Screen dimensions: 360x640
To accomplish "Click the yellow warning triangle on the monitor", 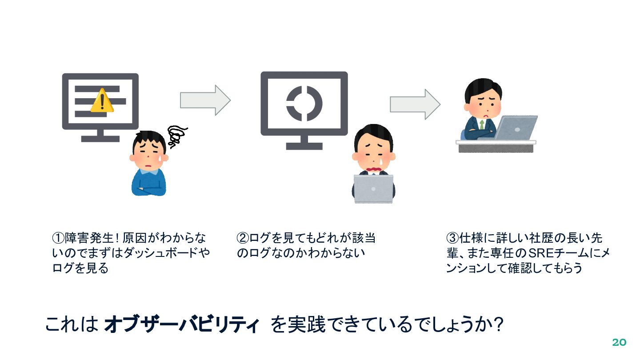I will (102, 100).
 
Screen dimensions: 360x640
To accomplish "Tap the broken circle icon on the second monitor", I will (304, 103).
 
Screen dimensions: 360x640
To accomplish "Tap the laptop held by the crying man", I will (374, 188).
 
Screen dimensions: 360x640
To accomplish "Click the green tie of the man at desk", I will (482, 124).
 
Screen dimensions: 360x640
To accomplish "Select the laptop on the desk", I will (517, 128).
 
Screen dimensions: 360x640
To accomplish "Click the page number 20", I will (619, 342).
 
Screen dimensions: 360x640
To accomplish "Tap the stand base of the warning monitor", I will (100, 139).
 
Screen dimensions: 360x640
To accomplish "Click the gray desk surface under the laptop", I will (496, 143).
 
